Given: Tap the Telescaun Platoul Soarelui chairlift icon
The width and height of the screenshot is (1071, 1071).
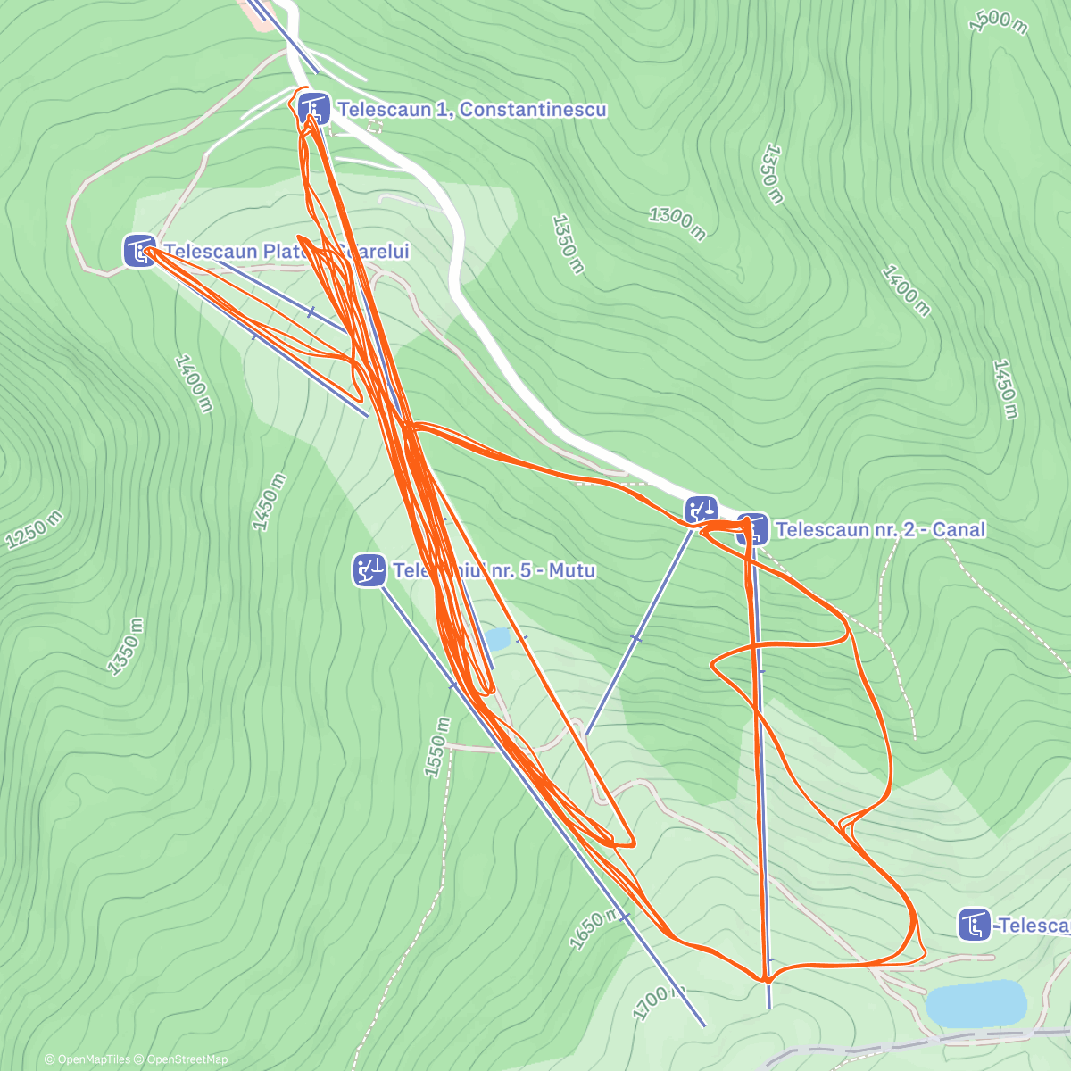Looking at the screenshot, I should pyautogui.click(x=139, y=251).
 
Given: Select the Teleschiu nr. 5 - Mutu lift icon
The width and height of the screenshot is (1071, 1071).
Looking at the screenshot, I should pyautogui.click(x=369, y=569).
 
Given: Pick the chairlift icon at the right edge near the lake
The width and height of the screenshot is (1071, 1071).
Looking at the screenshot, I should pyautogui.click(x=975, y=925).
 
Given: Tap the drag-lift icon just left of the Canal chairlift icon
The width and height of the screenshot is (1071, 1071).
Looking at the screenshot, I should pyautogui.click(x=702, y=511).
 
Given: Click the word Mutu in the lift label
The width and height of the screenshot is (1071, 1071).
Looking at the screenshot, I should pyautogui.click(x=572, y=569).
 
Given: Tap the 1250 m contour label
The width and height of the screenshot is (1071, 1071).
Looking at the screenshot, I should pyautogui.click(x=34, y=530).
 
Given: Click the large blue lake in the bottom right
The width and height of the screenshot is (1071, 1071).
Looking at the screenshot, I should pyautogui.click(x=976, y=1002).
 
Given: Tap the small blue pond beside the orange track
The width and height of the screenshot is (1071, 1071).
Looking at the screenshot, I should pyautogui.click(x=497, y=639).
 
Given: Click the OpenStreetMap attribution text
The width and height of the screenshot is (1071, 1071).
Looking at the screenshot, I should pyautogui.click(x=186, y=1059).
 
